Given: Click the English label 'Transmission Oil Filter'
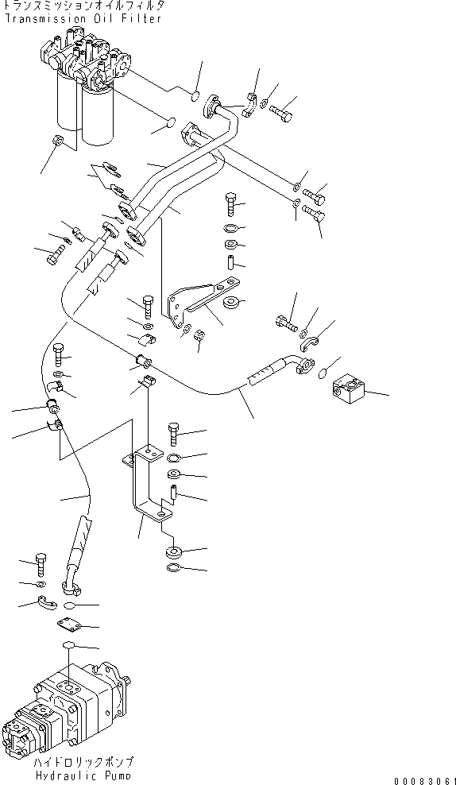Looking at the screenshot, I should (x=82, y=18).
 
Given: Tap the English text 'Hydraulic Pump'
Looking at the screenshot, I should (x=83, y=775).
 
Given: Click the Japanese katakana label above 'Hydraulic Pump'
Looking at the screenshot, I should (x=83, y=761).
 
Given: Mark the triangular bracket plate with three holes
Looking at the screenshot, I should (x=199, y=299).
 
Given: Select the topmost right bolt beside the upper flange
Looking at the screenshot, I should (x=282, y=115).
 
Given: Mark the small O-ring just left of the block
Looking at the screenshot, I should (x=324, y=373).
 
